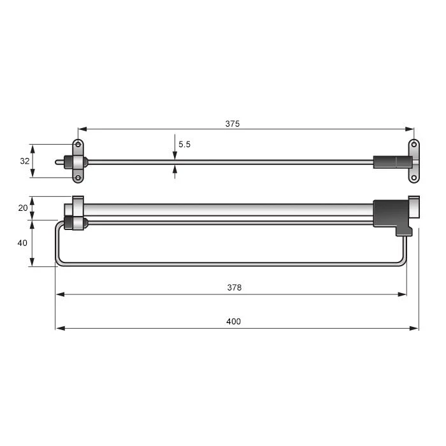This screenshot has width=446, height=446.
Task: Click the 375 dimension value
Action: pyautogui.click(x=233, y=124)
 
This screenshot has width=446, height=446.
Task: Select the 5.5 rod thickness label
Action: pyautogui.click(x=184, y=145)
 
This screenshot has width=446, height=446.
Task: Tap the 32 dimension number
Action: pyautogui.click(x=25, y=161)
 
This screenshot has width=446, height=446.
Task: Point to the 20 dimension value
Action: pyautogui.click(x=23, y=208)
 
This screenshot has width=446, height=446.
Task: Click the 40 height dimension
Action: pyautogui.click(x=22, y=243)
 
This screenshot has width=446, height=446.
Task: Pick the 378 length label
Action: pyautogui.click(x=234, y=287)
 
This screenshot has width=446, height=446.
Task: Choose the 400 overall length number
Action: pyautogui.click(x=234, y=321)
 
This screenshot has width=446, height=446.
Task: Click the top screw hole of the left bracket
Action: pyautogui.click(x=78, y=145)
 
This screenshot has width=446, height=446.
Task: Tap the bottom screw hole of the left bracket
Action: pyautogui.click(x=78, y=178)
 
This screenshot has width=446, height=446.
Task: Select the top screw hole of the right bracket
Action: pyautogui.click(x=414, y=145)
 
